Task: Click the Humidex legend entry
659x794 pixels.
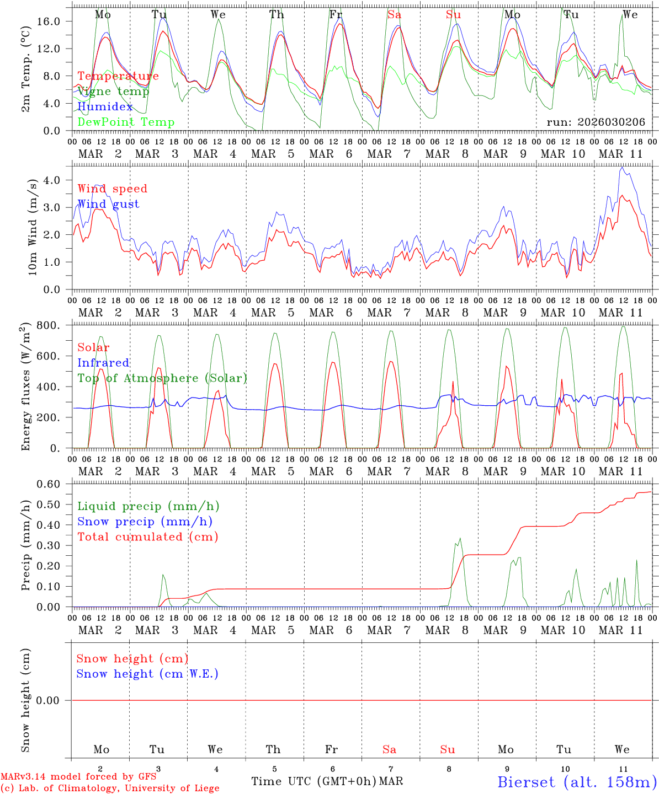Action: (x=105, y=107)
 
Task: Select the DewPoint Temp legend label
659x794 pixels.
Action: (x=126, y=122)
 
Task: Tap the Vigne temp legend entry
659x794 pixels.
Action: (x=113, y=92)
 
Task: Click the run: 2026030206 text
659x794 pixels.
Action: (x=596, y=122)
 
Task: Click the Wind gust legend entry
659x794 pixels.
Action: (x=108, y=204)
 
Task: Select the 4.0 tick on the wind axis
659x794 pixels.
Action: (x=59, y=180)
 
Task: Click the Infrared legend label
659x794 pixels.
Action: (x=103, y=363)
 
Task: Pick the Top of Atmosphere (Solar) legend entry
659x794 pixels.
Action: (x=162, y=378)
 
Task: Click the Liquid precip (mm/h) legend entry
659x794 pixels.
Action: (x=148, y=506)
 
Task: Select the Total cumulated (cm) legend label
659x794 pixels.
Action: (x=147, y=537)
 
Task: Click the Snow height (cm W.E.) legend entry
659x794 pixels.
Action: (x=147, y=674)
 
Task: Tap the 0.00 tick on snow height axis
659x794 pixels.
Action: (x=55, y=700)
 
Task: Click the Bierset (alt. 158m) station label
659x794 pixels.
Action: (x=577, y=781)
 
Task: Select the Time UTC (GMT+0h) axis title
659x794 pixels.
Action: (x=313, y=781)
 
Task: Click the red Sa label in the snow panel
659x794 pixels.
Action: (x=389, y=749)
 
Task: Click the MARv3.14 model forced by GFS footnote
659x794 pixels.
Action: (x=78, y=776)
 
